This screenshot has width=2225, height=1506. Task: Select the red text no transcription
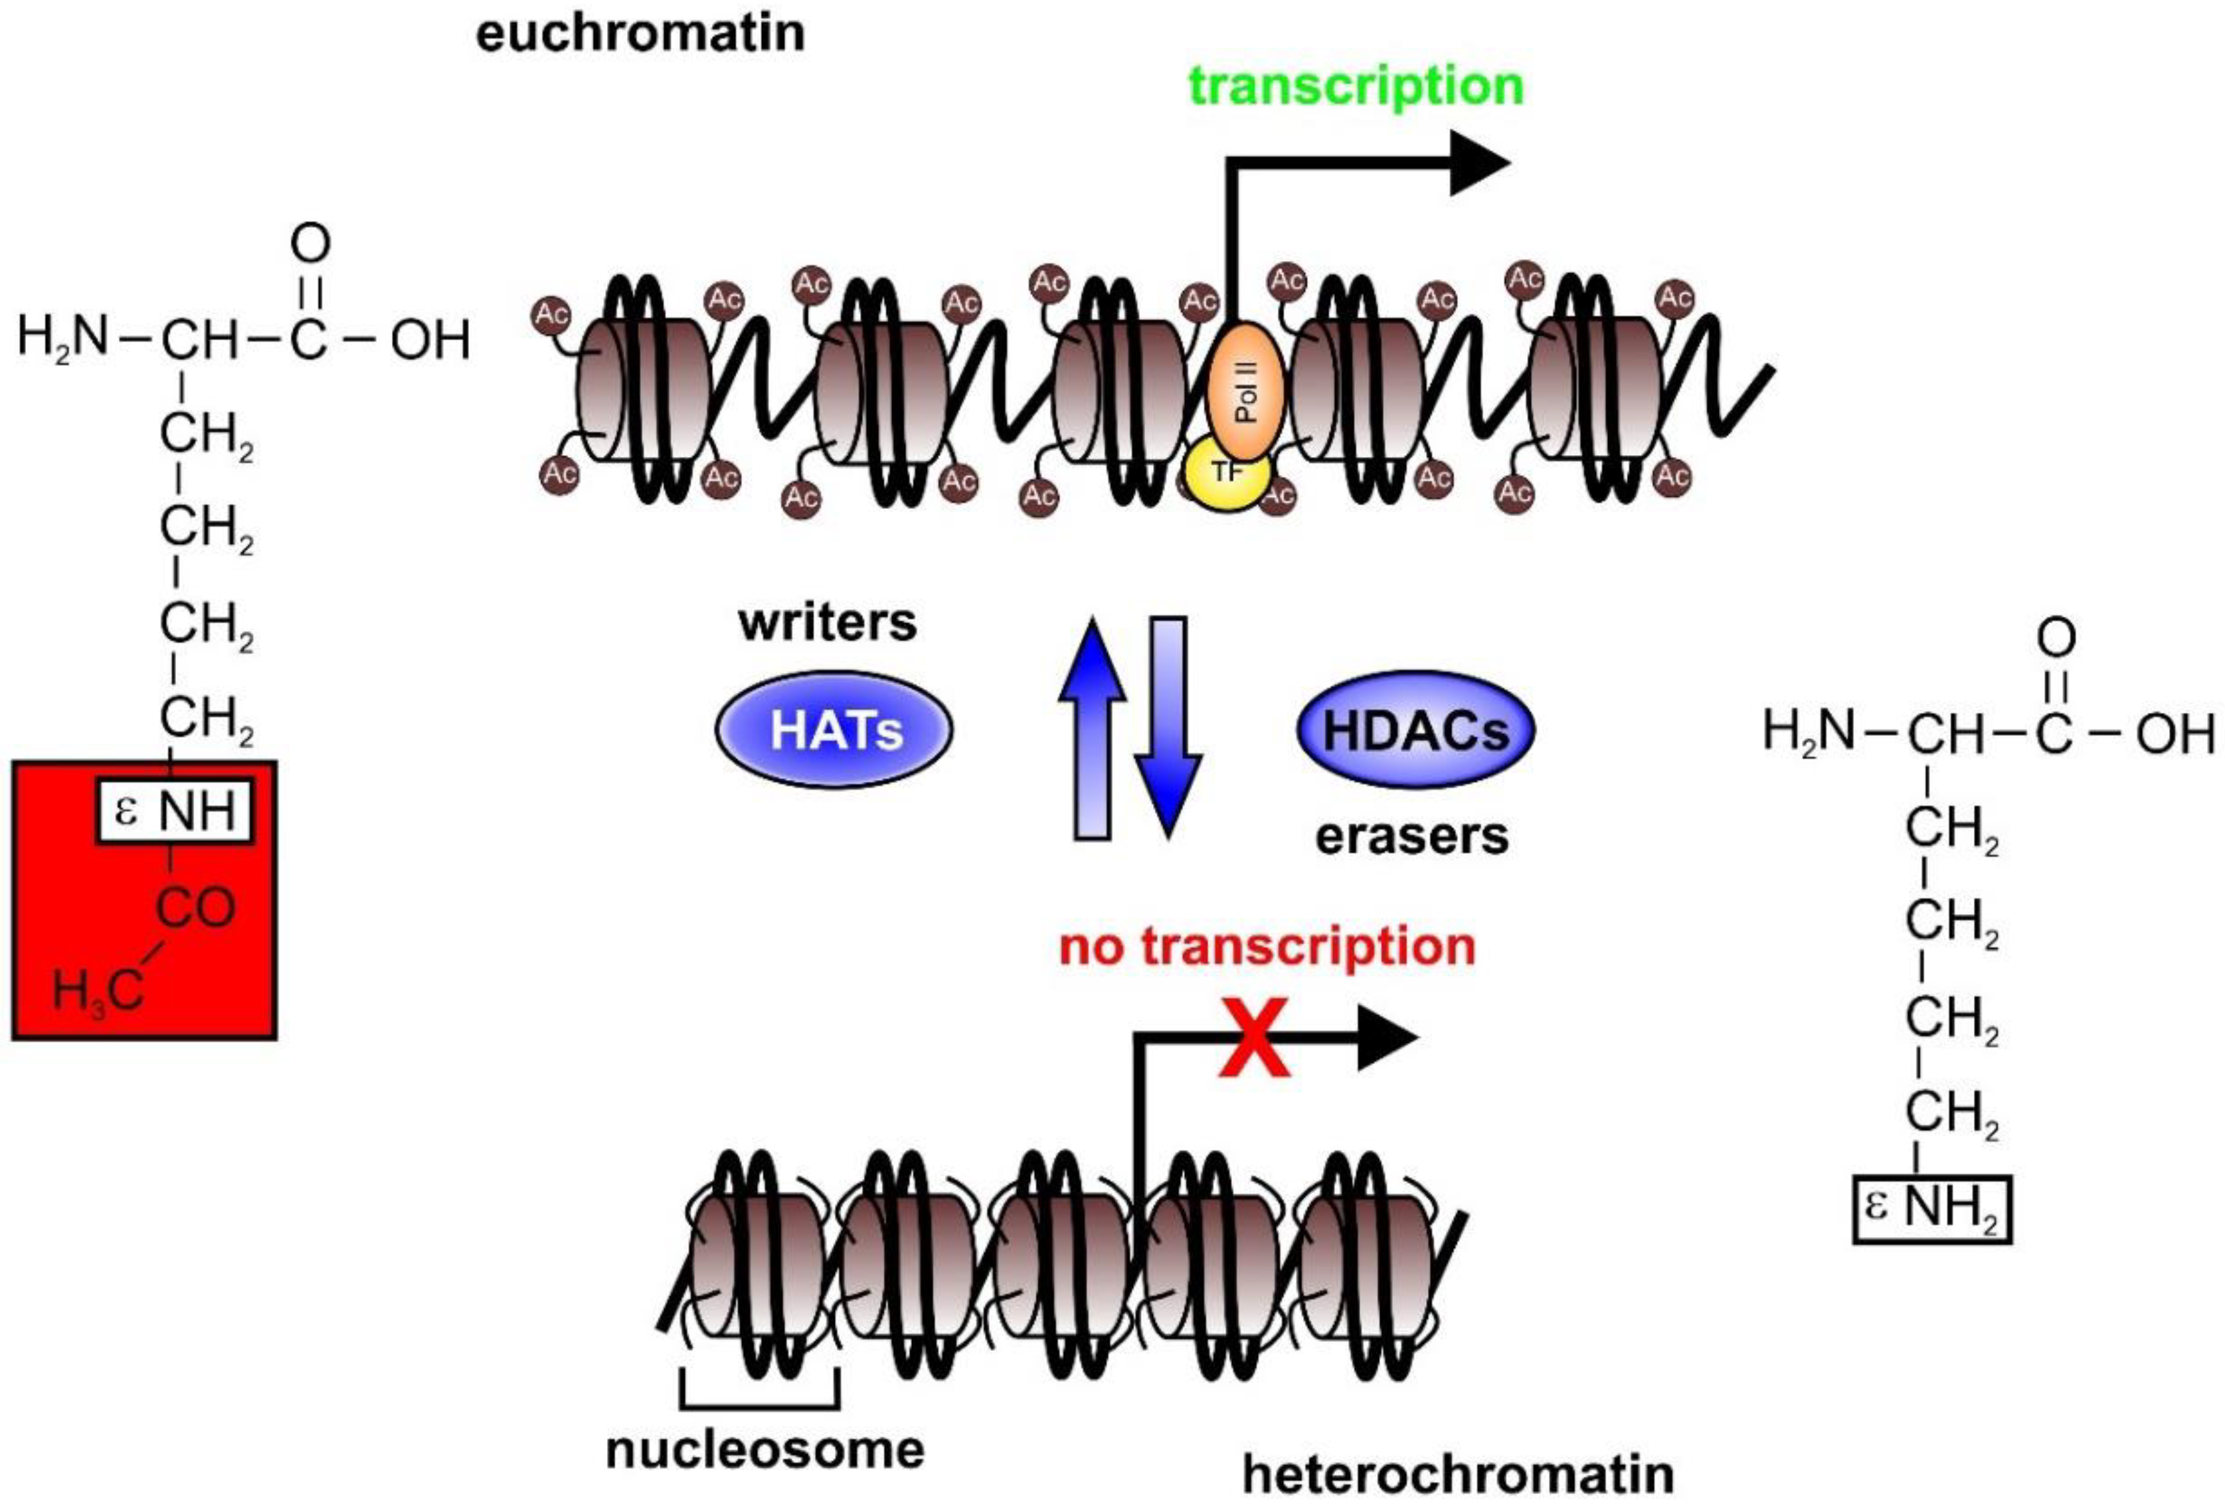click(x=1267, y=947)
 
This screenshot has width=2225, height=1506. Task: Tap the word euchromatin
click(x=640, y=33)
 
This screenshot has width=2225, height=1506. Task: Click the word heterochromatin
click(x=1458, y=1473)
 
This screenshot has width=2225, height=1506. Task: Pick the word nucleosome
click(x=765, y=1450)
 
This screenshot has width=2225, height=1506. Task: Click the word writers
click(x=827, y=623)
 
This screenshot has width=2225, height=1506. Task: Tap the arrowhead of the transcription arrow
click(x=1479, y=163)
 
